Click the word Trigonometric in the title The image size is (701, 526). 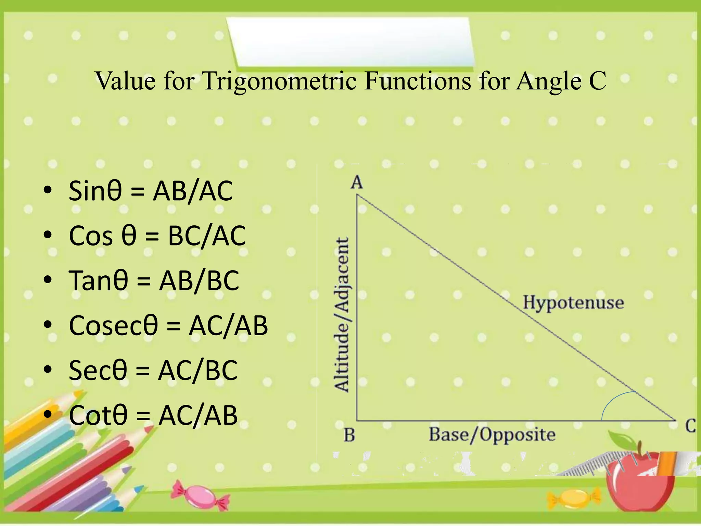(279, 81)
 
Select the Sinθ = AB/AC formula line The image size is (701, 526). (151, 191)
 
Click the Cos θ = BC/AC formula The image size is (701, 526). (157, 236)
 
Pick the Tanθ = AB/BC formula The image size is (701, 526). (154, 280)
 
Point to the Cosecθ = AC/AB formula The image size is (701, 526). (168, 325)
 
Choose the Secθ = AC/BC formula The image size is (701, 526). (153, 370)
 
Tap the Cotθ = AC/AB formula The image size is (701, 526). (153, 415)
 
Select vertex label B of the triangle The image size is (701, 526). (349, 435)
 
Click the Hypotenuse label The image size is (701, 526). (573, 303)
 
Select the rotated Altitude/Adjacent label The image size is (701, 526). (342, 314)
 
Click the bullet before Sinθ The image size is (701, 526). (48, 190)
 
